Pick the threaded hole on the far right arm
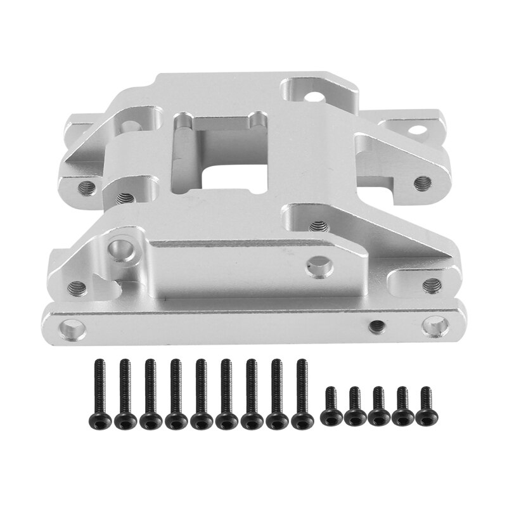(422, 183)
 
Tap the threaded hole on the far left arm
(87, 186)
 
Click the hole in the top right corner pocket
(312, 97)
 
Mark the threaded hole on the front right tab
(430, 283)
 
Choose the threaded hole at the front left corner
(76, 288)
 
